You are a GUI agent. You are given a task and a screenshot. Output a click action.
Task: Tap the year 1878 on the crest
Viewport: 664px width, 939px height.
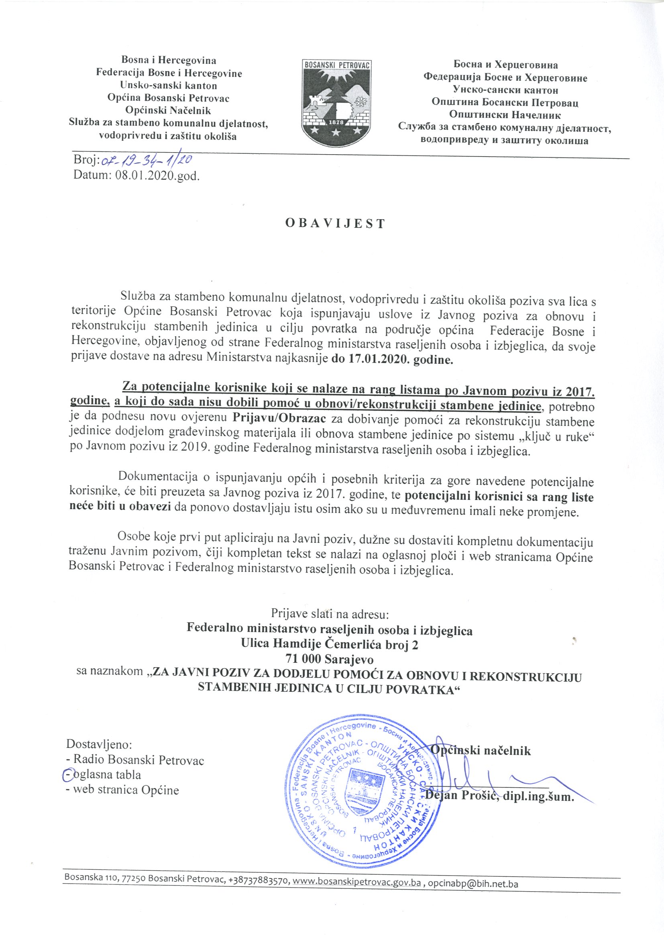(x=336, y=122)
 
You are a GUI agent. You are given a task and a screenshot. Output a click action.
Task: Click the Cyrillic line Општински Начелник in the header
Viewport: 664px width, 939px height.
(x=505, y=115)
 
